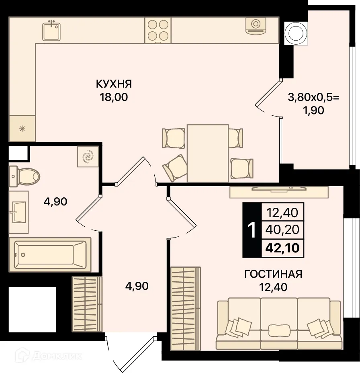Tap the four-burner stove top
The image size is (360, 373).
click(x=158, y=30)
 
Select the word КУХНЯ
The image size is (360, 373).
click(x=114, y=84)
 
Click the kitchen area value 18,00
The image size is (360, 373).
click(x=114, y=97)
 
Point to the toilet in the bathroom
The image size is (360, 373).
click(x=24, y=177)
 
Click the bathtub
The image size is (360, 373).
click(x=50, y=254)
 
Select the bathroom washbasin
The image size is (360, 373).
click(x=18, y=212)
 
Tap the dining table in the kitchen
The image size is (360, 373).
click(x=208, y=153)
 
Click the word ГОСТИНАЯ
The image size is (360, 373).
click(x=273, y=274)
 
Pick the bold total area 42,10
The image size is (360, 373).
click(x=282, y=248)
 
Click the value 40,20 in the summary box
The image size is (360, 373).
click(x=282, y=230)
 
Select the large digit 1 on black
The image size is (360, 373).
click(x=252, y=230)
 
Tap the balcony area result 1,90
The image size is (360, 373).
click(x=313, y=111)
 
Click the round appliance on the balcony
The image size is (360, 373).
click(x=296, y=33)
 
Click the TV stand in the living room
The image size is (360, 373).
click(x=279, y=192)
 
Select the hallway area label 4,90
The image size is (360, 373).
click(x=137, y=286)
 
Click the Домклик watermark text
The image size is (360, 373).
click(x=57, y=356)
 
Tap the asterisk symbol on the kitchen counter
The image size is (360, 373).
click(x=22, y=129)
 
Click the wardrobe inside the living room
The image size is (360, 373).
click(x=186, y=308)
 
